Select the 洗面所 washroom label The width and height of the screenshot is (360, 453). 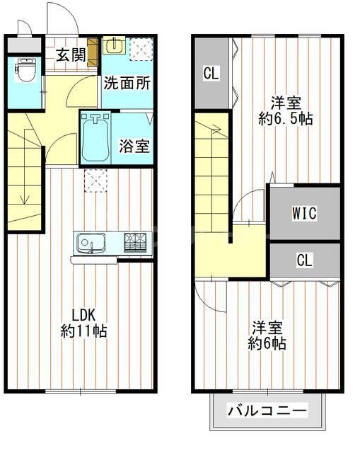(x=127, y=82)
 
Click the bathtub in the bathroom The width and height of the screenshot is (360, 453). (x=95, y=138)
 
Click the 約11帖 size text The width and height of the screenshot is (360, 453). (x=83, y=331)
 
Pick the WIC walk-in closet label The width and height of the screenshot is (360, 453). (x=304, y=212)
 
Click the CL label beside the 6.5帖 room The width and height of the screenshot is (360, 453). (x=211, y=73)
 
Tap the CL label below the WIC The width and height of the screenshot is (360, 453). (x=304, y=260)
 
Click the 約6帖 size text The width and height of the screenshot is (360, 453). (x=267, y=344)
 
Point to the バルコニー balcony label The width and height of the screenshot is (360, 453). (x=267, y=411)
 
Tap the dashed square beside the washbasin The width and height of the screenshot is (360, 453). (x=141, y=47)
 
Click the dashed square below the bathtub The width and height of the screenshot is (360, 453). (x=95, y=180)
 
